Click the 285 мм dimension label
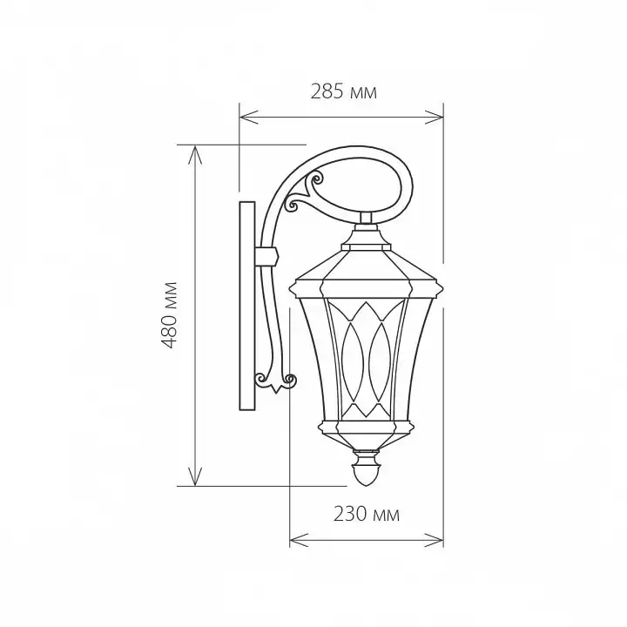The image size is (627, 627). [x=343, y=91]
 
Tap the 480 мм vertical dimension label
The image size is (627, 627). [x=169, y=315]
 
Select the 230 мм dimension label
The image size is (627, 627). [x=367, y=514]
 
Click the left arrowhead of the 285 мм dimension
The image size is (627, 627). [x=248, y=118]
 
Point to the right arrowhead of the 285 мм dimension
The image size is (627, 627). [x=435, y=118]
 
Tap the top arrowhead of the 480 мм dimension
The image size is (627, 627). [x=195, y=154]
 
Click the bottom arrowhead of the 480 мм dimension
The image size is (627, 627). [x=195, y=476]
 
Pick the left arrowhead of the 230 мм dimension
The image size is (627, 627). [x=299, y=540]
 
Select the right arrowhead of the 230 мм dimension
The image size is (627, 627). [x=435, y=540]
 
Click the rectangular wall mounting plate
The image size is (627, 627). [x=247, y=306]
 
